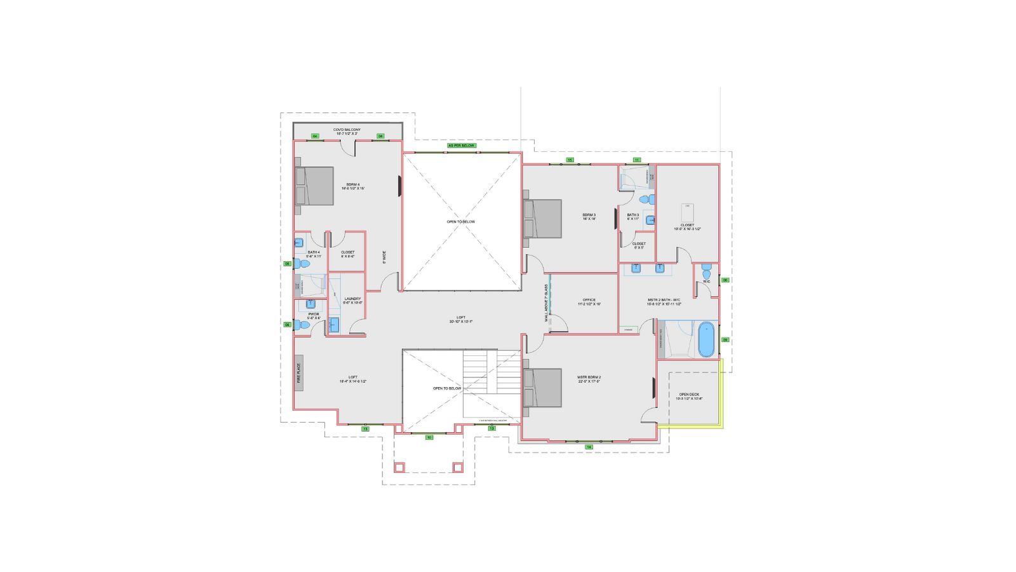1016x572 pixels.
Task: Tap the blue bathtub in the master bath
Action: (705, 340)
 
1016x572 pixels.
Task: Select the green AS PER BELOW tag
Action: (461, 146)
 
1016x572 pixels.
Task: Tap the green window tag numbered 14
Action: (589, 447)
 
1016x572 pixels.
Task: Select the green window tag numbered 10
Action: (429, 437)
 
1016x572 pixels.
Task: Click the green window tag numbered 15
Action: (570, 160)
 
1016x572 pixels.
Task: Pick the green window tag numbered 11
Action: (637, 160)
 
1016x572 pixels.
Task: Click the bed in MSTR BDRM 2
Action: (544, 388)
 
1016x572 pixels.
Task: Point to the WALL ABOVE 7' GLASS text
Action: (545, 303)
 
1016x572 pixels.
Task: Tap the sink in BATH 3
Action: (650, 220)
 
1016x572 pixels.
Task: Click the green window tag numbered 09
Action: (725, 340)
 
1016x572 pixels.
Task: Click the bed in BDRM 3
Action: (544, 219)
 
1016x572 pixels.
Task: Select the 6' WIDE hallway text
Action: (384, 257)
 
